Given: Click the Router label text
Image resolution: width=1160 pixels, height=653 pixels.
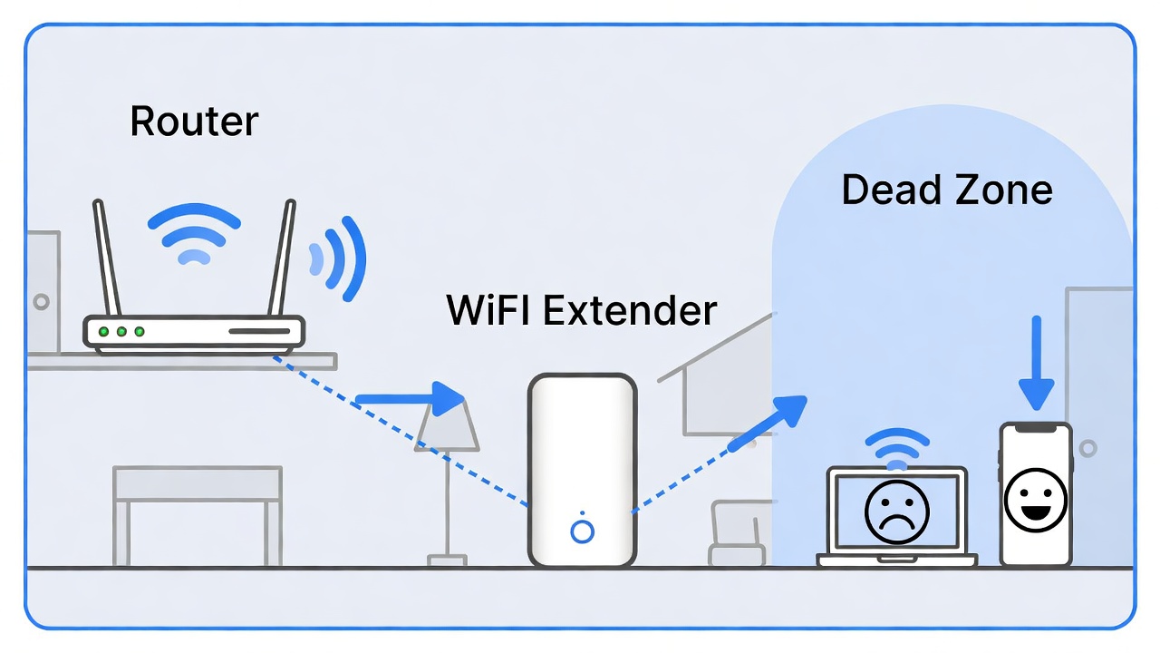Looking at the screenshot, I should [194, 122].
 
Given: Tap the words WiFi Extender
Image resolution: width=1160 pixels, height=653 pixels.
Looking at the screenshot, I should [581, 310].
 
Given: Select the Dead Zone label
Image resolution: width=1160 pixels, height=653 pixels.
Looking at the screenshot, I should [946, 190].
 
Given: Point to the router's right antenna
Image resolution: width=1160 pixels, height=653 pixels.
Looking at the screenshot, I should [284, 258].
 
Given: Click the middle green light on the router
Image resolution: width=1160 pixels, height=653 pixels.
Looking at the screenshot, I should [121, 332].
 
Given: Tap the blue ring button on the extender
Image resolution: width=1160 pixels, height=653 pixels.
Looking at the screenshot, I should [582, 531].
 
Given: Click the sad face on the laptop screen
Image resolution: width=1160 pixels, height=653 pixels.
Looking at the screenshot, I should [897, 512].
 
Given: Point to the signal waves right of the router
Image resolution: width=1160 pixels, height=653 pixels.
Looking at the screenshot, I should [340, 258].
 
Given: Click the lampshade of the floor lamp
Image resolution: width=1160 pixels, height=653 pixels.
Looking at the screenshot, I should [448, 426].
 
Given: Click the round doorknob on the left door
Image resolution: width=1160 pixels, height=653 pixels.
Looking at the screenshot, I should [40, 301].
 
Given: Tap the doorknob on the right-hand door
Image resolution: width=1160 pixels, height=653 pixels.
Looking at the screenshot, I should [1087, 448].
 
